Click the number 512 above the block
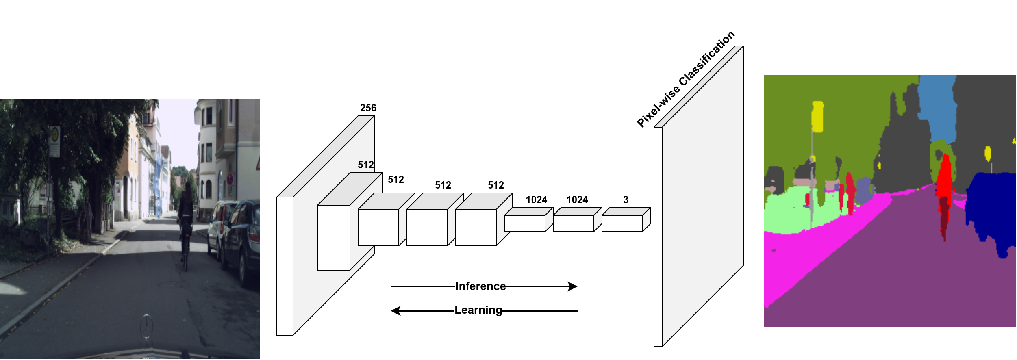365,165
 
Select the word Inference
480,286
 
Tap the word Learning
478,310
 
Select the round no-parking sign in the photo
230,179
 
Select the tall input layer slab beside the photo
285,266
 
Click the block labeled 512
334,237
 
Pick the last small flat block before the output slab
622,223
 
